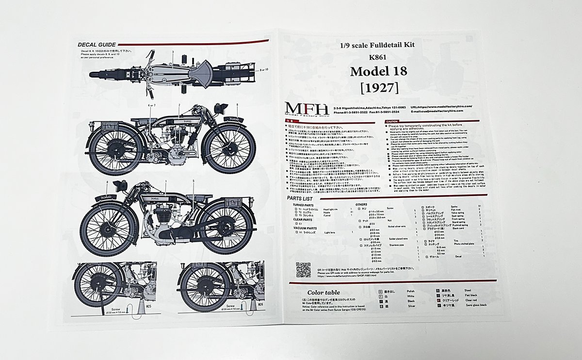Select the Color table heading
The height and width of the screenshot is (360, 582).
tap(323, 292)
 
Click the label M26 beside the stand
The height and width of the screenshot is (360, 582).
tap(260, 304)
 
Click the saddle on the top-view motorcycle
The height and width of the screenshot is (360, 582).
tap(200, 75)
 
